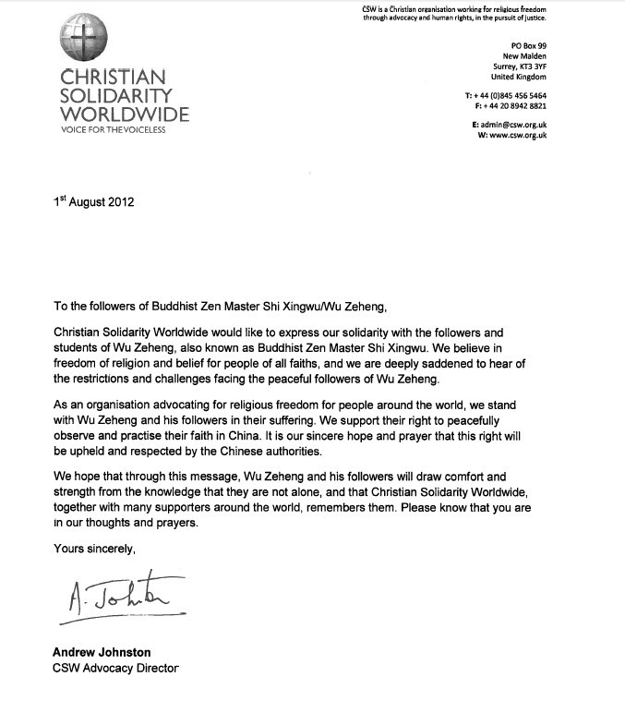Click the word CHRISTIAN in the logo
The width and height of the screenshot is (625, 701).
[112, 76]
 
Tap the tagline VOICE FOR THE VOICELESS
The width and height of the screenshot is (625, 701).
[113, 129]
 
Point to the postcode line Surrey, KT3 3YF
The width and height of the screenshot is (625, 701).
[520, 66]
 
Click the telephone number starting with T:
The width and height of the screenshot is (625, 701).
[506, 96]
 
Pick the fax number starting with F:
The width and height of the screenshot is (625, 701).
[506, 106]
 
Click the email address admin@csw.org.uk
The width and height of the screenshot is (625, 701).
[509, 125]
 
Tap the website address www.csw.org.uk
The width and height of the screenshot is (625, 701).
[511, 136]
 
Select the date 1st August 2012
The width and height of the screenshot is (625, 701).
[93, 202]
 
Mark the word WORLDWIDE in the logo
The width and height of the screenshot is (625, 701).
[125, 115]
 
